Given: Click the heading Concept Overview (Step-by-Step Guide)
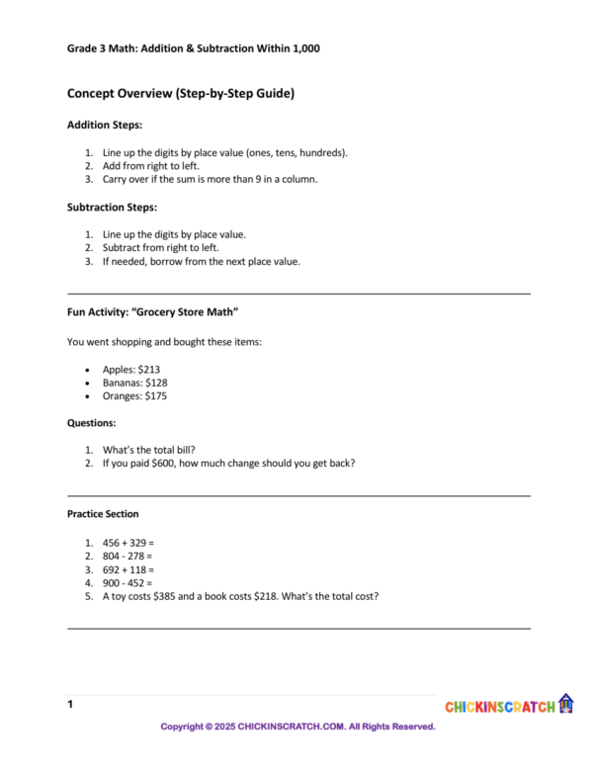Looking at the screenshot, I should [x=181, y=94].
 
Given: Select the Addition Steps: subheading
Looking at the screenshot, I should [x=105, y=126].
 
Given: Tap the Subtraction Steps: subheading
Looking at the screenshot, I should [x=112, y=208].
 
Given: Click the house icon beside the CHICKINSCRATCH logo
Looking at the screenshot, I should [x=566, y=703].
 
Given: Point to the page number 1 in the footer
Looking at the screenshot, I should [x=70, y=705].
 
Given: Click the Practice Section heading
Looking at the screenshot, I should [x=103, y=514].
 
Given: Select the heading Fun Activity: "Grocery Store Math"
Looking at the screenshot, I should [x=153, y=312].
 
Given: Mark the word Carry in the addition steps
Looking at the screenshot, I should [x=116, y=180].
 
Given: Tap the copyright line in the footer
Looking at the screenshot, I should [x=298, y=727].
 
